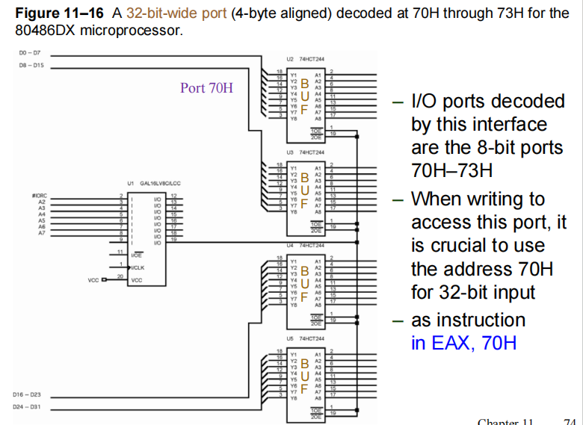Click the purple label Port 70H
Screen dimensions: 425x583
point(206,87)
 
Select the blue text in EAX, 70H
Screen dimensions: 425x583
point(463,344)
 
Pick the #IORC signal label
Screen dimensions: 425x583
point(40,196)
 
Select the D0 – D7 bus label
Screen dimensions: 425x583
point(29,53)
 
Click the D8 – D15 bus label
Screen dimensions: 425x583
point(31,66)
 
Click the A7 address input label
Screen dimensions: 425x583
point(42,232)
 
